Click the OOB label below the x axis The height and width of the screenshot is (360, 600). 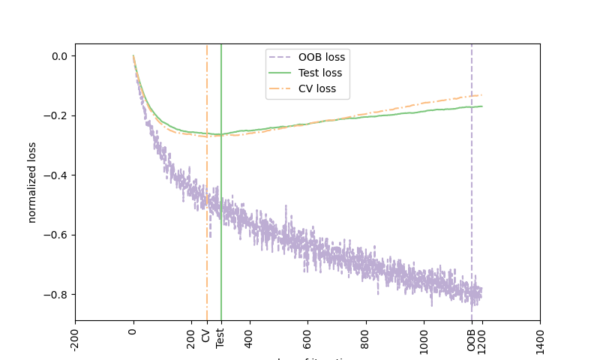pos(472,337)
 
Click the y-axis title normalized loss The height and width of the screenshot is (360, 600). pos(31,182)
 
